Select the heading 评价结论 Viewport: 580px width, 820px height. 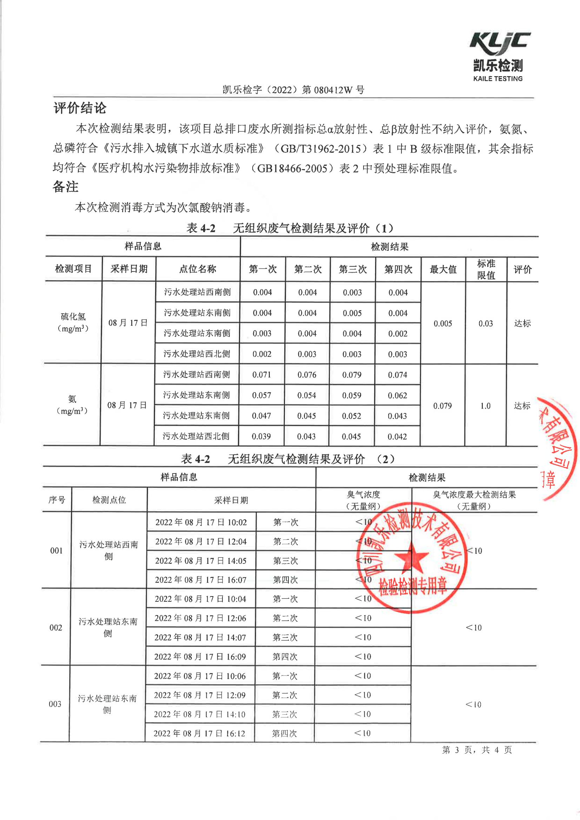coord(80,108)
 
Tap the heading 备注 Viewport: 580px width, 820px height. coord(65,187)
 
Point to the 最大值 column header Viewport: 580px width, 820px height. coord(443,269)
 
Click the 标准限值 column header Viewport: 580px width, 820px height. coord(486,269)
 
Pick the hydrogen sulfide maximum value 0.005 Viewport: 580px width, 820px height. coord(442,324)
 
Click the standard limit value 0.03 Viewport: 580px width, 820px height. coord(485,324)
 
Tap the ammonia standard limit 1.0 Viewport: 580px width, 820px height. coord(485,406)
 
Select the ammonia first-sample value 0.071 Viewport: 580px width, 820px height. coord(261,375)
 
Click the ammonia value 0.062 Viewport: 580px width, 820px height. coord(397,395)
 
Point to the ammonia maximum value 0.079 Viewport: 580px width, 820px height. coord(442,406)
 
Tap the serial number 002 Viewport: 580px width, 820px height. coord(56,628)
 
